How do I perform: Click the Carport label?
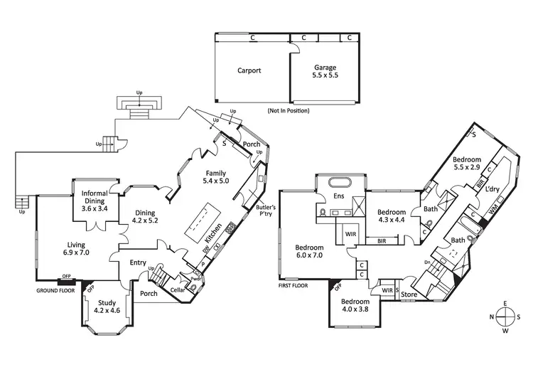pyautogui.click(x=249, y=70)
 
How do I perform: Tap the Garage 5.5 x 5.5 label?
pyautogui.click(x=325, y=72)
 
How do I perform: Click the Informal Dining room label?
pyautogui.click(x=94, y=201)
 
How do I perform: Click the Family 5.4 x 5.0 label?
pyautogui.click(x=216, y=177)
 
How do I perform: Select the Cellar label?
pyautogui.click(x=178, y=290)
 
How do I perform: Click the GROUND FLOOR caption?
pyautogui.click(x=56, y=290)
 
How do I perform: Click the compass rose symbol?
pyautogui.click(x=505, y=317)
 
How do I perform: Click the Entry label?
pyautogui.click(x=138, y=263)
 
